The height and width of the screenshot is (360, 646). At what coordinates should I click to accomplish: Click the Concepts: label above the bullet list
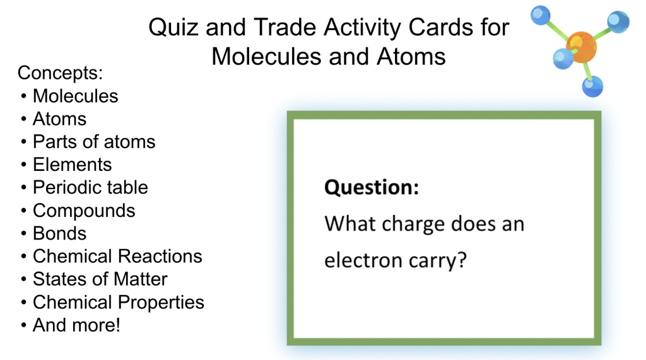pyautogui.click(x=60, y=73)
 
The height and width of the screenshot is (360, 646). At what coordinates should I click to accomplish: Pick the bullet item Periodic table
pyautogui.click(x=90, y=187)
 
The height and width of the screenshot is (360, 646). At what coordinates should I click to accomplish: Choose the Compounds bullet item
pyautogui.click(x=84, y=211)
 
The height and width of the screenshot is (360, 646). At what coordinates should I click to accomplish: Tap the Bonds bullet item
pyautogui.click(x=60, y=233)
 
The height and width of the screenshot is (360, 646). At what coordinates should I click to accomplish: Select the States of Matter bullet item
pyautogui.click(x=100, y=279)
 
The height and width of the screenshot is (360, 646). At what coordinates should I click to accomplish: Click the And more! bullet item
pyautogui.click(x=76, y=325)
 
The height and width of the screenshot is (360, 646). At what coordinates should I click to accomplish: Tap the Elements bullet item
pyautogui.click(x=72, y=165)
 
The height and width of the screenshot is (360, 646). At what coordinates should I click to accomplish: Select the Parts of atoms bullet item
pyautogui.click(x=94, y=142)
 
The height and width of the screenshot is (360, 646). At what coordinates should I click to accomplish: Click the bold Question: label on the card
pyautogui.click(x=372, y=188)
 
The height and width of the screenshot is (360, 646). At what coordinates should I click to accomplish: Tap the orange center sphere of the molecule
pyautogui.click(x=581, y=47)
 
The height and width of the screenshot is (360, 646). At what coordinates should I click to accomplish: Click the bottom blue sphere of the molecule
pyautogui.click(x=592, y=86)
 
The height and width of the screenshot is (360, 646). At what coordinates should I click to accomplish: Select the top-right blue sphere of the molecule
pyautogui.click(x=618, y=22)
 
